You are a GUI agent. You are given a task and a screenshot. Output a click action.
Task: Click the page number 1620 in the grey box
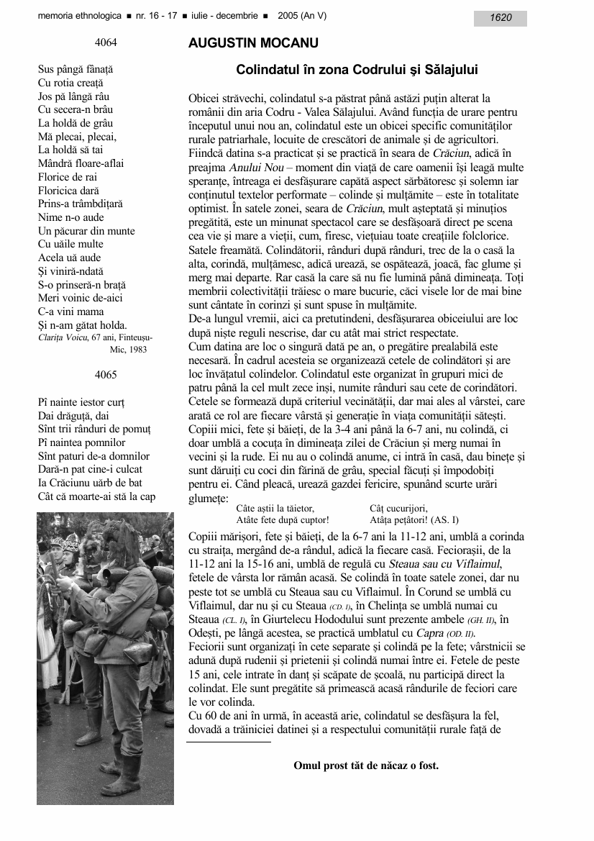501,18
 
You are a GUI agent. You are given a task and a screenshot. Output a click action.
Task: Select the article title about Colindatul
357,70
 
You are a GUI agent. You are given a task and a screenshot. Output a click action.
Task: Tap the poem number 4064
106,42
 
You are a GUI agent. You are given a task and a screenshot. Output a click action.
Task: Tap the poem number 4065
106,375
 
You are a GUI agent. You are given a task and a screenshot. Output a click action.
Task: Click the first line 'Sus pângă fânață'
76,69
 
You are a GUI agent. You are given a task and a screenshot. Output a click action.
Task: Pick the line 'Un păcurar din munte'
86,231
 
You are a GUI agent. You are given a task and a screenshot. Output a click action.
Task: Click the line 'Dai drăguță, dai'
73,415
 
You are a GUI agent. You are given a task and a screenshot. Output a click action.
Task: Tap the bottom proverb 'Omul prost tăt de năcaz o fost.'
366,765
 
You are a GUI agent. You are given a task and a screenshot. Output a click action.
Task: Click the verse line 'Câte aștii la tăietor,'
275,508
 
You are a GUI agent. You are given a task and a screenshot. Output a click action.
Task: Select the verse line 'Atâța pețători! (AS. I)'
413,519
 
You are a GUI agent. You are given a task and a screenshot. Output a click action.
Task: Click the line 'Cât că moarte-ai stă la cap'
96,496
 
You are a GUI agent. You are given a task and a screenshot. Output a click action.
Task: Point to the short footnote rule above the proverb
229,740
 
